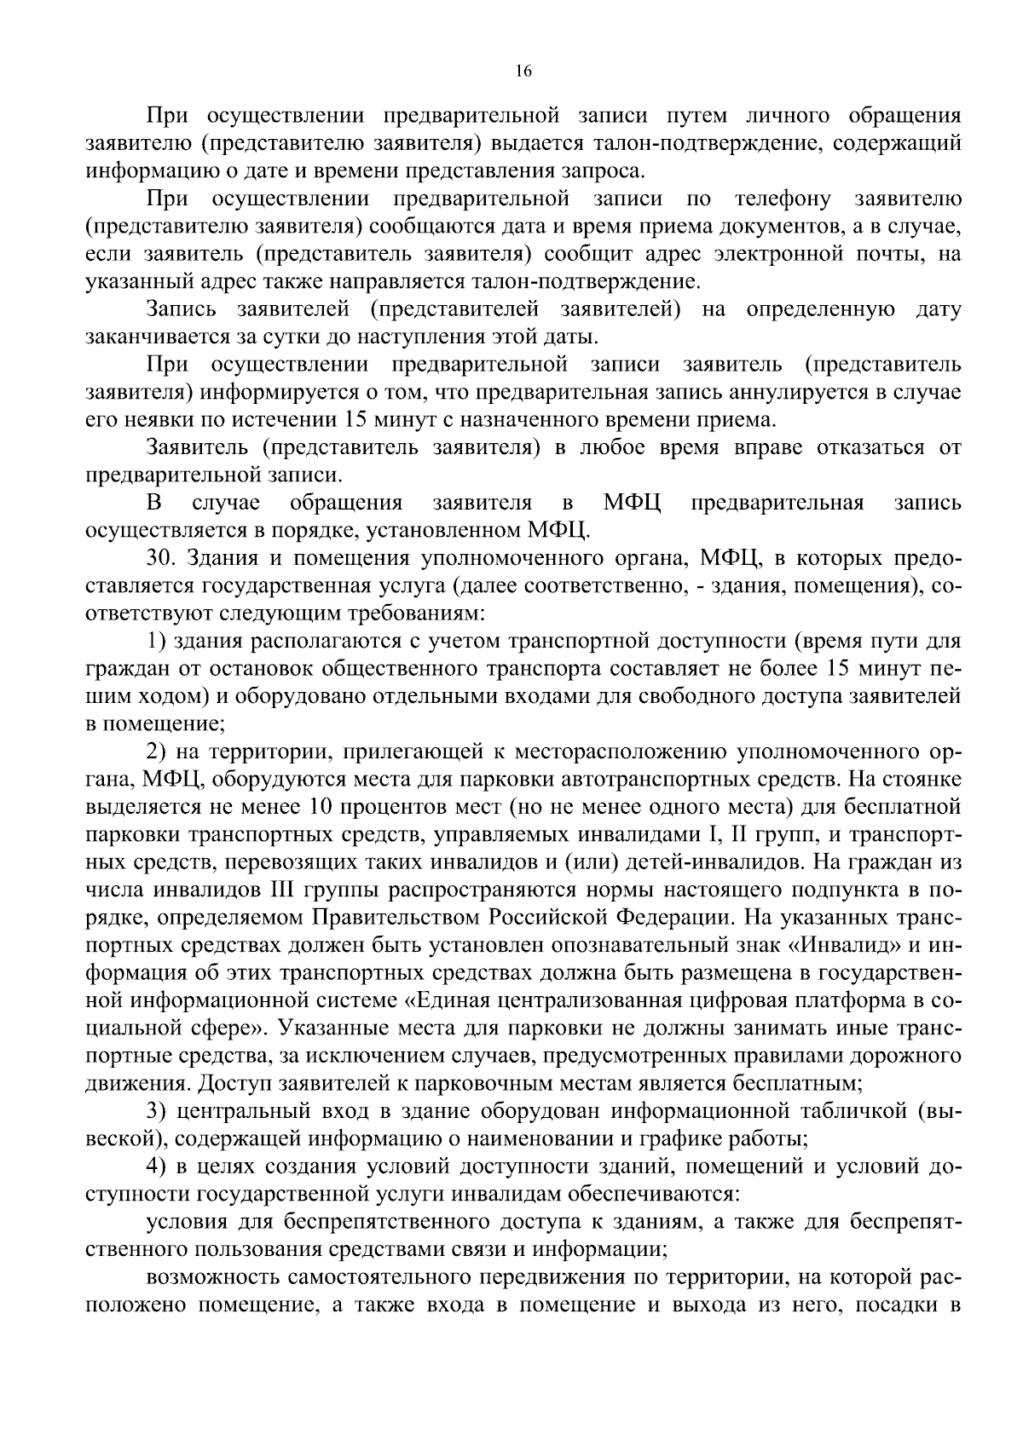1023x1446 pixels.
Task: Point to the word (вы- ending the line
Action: coord(939,1112)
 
